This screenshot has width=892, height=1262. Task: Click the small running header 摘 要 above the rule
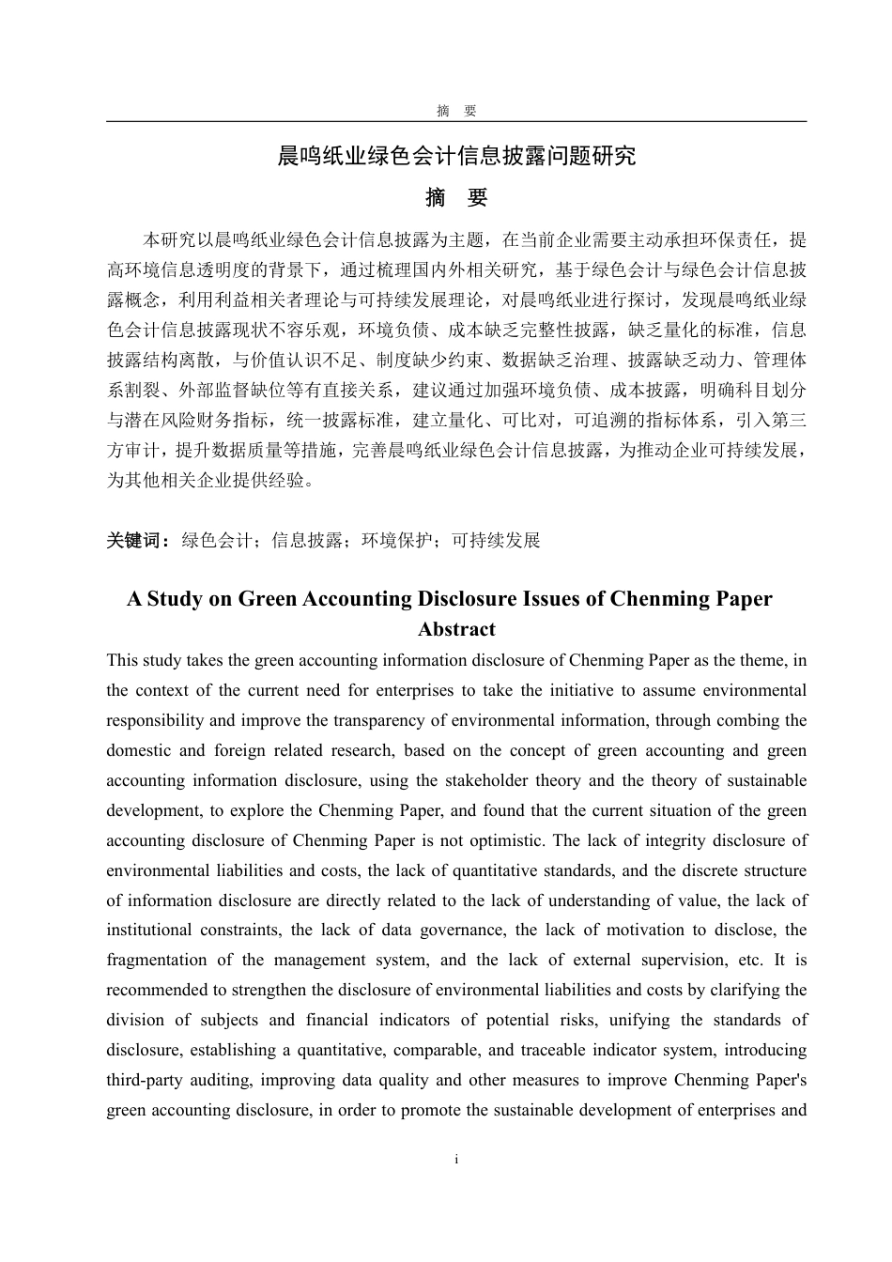[456, 111]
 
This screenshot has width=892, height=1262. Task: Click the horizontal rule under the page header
[456, 121]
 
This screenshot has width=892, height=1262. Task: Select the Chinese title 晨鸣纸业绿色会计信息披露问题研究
[456, 156]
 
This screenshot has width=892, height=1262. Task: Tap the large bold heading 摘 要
[456, 198]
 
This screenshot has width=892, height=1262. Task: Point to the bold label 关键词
[137, 541]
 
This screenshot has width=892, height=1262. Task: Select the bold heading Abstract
[456, 629]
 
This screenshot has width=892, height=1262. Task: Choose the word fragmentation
[155, 960]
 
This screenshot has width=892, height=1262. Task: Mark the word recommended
[159, 990]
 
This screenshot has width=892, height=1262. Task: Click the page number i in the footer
[456, 1160]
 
